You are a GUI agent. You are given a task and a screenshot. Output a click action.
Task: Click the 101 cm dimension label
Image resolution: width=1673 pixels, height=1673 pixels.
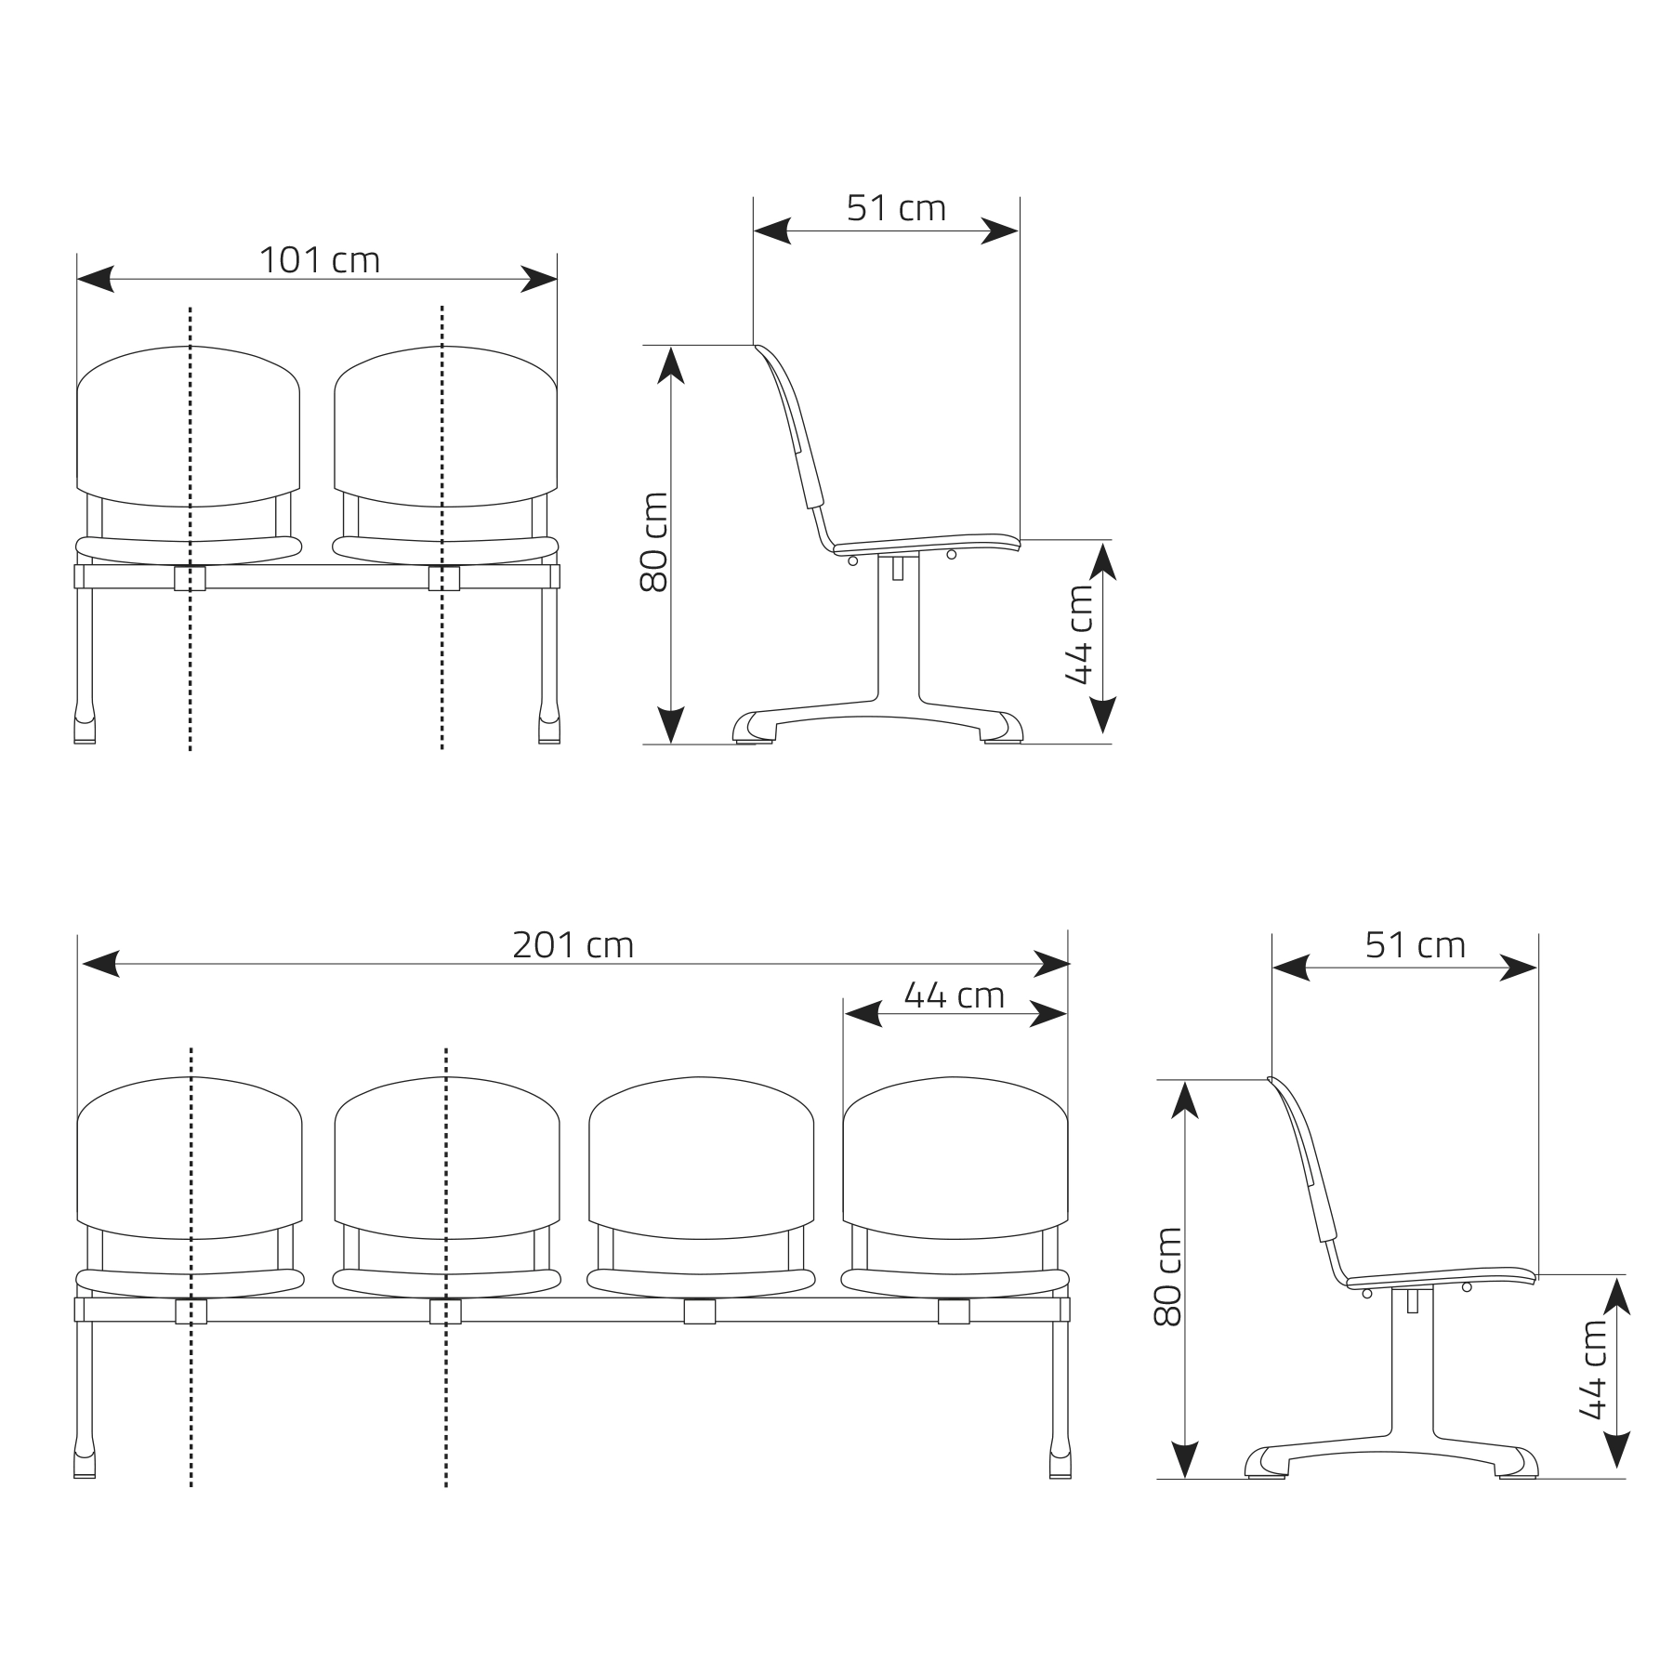pyautogui.click(x=319, y=261)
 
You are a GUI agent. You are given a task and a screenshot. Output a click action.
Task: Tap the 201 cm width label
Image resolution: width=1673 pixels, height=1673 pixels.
pyautogui.click(x=573, y=945)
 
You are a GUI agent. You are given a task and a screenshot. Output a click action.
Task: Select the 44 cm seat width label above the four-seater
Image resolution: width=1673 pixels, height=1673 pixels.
pyautogui.click(x=955, y=995)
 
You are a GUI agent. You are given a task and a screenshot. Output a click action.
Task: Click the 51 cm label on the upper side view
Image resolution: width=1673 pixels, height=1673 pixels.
pyautogui.click(x=896, y=208)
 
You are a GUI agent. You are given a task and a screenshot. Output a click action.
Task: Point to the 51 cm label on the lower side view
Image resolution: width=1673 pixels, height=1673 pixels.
pyautogui.click(x=1415, y=945)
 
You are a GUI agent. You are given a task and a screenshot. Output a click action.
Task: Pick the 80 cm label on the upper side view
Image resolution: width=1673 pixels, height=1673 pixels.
pyautogui.click(x=653, y=542)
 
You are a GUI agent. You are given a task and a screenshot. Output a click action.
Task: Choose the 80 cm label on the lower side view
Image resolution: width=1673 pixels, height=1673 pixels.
pyautogui.click(x=1167, y=1277)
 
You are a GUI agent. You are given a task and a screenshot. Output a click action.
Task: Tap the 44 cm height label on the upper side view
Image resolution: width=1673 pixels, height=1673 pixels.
pyautogui.click(x=1079, y=635)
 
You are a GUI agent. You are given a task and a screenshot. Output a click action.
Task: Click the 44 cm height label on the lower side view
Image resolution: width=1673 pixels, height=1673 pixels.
pyautogui.click(x=1593, y=1370)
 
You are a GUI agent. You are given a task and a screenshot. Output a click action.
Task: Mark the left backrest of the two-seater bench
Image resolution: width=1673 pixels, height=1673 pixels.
pyautogui.click(x=189, y=427)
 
